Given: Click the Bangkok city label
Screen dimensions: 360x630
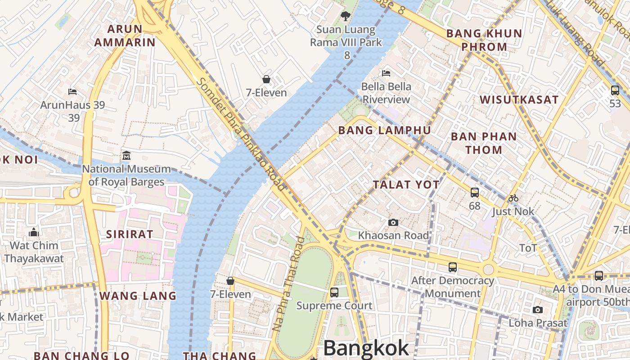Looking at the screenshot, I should click(366, 348).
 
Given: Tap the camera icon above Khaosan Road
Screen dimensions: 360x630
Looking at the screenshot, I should click(393, 222).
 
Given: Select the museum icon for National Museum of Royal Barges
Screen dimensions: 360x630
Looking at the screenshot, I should click(126, 156).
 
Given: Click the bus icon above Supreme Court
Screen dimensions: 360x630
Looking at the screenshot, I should click(334, 292).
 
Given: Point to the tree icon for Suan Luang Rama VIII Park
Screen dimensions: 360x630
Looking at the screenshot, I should click(345, 16).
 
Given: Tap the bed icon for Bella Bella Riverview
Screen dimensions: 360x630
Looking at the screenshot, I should click(386, 73).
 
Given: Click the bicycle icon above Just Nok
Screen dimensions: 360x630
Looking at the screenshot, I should click(513, 198).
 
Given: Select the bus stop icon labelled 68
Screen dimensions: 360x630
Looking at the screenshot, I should click(474, 193).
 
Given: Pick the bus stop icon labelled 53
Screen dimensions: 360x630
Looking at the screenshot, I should click(615, 90).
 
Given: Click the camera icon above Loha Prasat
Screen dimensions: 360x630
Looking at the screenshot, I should click(537, 310).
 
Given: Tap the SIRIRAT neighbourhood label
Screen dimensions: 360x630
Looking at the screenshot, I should click(130, 234).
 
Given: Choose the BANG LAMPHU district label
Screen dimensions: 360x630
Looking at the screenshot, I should click(384, 130).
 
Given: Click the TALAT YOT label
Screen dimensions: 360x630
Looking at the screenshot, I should click(406, 184).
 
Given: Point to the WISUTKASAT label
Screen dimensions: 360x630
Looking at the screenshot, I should click(519, 100).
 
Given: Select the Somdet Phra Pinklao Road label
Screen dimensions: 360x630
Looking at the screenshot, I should click(241, 134).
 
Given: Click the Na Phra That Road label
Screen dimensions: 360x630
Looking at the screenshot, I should click(288, 284).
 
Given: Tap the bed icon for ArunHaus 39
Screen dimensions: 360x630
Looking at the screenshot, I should click(72, 92).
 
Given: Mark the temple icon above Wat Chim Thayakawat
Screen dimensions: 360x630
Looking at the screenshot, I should click(34, 233).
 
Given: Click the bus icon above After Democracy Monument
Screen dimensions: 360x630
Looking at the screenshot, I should click(453, 267).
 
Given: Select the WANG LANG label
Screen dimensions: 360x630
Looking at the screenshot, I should click(138, 296).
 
